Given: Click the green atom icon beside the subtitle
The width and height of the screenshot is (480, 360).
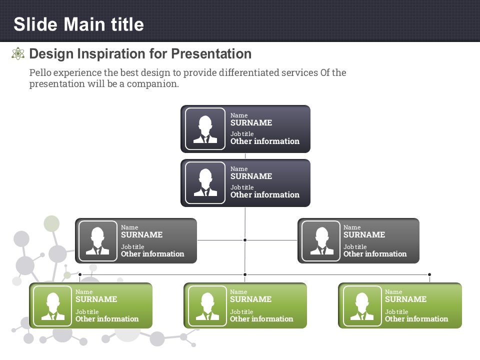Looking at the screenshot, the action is pyautogui.click(x=18, y=53).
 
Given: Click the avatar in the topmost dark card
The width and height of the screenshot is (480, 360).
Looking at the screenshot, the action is pyautogui.click(x=205, y=129).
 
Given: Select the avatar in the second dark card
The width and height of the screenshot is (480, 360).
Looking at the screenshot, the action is pyautogui.click(x=205, y=183).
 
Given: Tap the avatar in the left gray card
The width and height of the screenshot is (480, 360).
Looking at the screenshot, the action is pyautogui.click(x=97, y=241).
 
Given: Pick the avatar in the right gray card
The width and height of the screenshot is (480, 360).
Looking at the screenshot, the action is pyautogui.click(x=321, y=241).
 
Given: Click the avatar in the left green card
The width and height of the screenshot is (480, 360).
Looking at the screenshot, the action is pyautogui.click(x=52, y=306).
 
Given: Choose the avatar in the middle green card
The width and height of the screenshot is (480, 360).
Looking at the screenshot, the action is pyautogui.click(x=207, y=306).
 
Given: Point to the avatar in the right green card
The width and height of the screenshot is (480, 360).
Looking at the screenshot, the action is pyautogui.click(x=362, y=306).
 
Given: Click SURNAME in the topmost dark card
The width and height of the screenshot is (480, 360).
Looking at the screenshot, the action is pyautogui.click(x=251, y=123).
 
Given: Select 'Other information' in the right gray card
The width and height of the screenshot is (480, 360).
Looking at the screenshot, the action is pyautogui.click(x=375, y=254).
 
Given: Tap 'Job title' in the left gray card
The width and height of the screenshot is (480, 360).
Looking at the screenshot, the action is pyautogui.click(x=132, y=246).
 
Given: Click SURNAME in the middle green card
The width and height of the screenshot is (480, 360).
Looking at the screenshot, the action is pyautogui.click(x=250, y=299).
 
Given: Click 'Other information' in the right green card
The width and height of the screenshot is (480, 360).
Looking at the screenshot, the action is pyautogui.click(x=416, y=318).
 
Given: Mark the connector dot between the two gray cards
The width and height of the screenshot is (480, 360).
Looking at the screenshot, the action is pyautogui.click(x=245, y=240).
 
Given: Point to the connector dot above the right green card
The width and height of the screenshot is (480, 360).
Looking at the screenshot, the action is pyautogui.click(x=429, y=274).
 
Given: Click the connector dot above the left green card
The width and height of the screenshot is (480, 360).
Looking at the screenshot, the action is pyautogui.click(x=80, y=274).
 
